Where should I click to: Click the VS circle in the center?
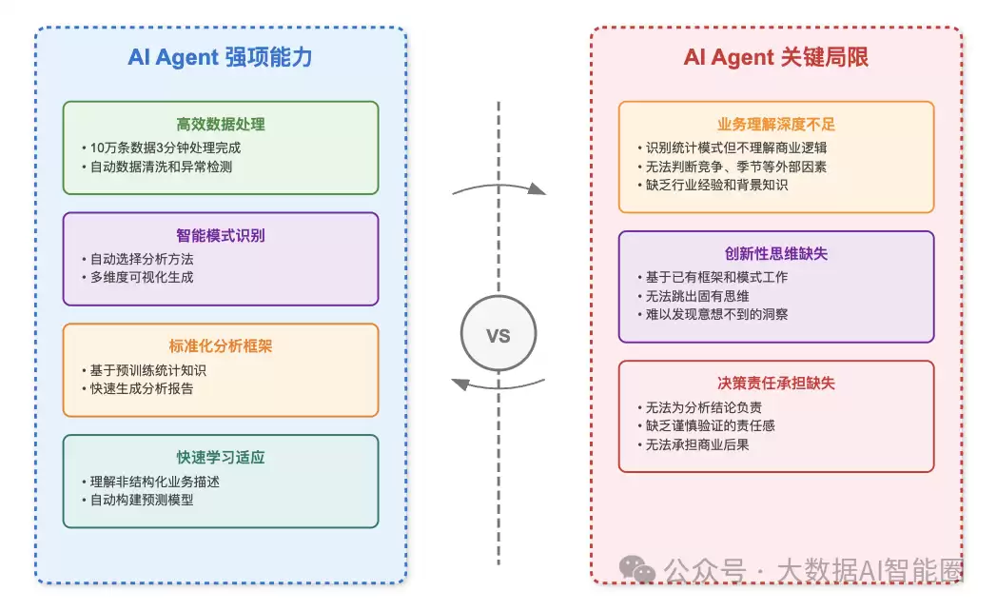click(498, 336)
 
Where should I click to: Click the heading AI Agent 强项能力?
click(220, 57)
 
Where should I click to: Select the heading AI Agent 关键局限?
click(775, 57)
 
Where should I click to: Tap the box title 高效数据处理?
click(220, 124)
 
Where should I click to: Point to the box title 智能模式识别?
click(220, 235)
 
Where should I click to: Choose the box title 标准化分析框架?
click(220, 346)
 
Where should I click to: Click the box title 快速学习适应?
click(220, 458)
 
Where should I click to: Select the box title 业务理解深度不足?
click(775, 125)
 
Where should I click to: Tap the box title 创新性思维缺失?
click(775, 254)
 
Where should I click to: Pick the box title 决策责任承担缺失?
click(775, 384)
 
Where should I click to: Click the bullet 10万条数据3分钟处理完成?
click(164, 148)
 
